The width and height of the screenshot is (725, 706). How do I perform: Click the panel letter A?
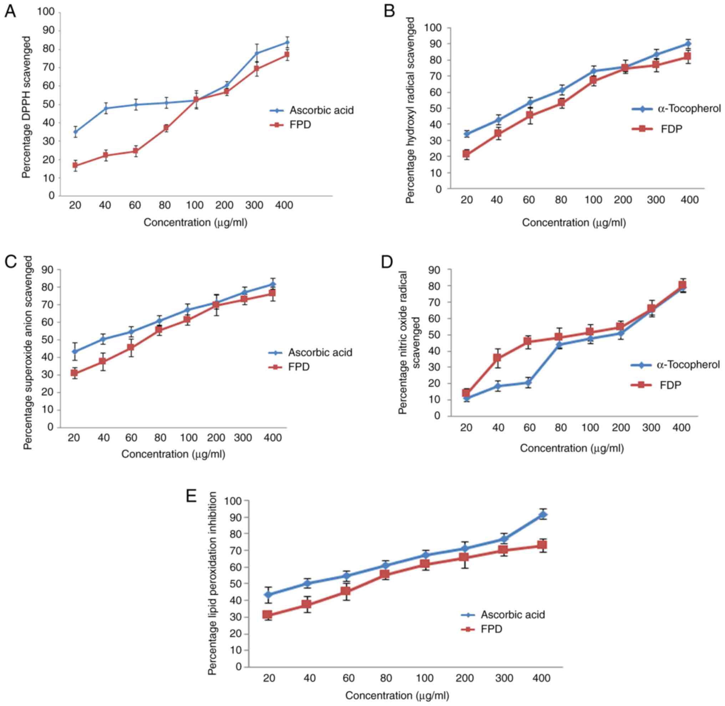pyautogui.click(x=10, y=12)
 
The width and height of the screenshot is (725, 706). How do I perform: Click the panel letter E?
pyautogui.click(x=191, y=496)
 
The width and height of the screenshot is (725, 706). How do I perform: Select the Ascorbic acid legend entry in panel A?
pyautogui.click(x=321, y=110)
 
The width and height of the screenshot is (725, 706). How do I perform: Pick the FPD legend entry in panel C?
pyautogui.click(x=299, y=367)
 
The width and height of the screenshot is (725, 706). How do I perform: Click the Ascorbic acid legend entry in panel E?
pyautogui.click(x=512, y=614)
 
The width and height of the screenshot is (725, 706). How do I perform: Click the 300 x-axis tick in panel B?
pyautogui.click(x=656, y=200)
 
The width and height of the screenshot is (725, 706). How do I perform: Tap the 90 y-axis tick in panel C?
pyautogui.click(x=47, y=270)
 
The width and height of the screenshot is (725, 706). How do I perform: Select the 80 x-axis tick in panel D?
pyautogui.click(x=561, y=428)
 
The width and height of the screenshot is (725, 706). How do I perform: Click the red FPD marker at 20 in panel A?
pyautogui.click(x=75, y=166)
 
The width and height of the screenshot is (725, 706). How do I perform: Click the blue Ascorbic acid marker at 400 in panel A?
pyautogui.click(x=287, y=42)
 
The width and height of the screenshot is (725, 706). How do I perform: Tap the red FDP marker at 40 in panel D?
pyautogui.click(x=498, y=358)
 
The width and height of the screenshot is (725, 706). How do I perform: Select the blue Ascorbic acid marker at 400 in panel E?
pyautogui.click(x=543, y=514)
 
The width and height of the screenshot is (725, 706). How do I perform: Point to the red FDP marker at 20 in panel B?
pyautogui.click(x=467, y=154)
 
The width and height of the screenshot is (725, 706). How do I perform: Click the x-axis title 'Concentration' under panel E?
pyautogui.click(x=397, y=696)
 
